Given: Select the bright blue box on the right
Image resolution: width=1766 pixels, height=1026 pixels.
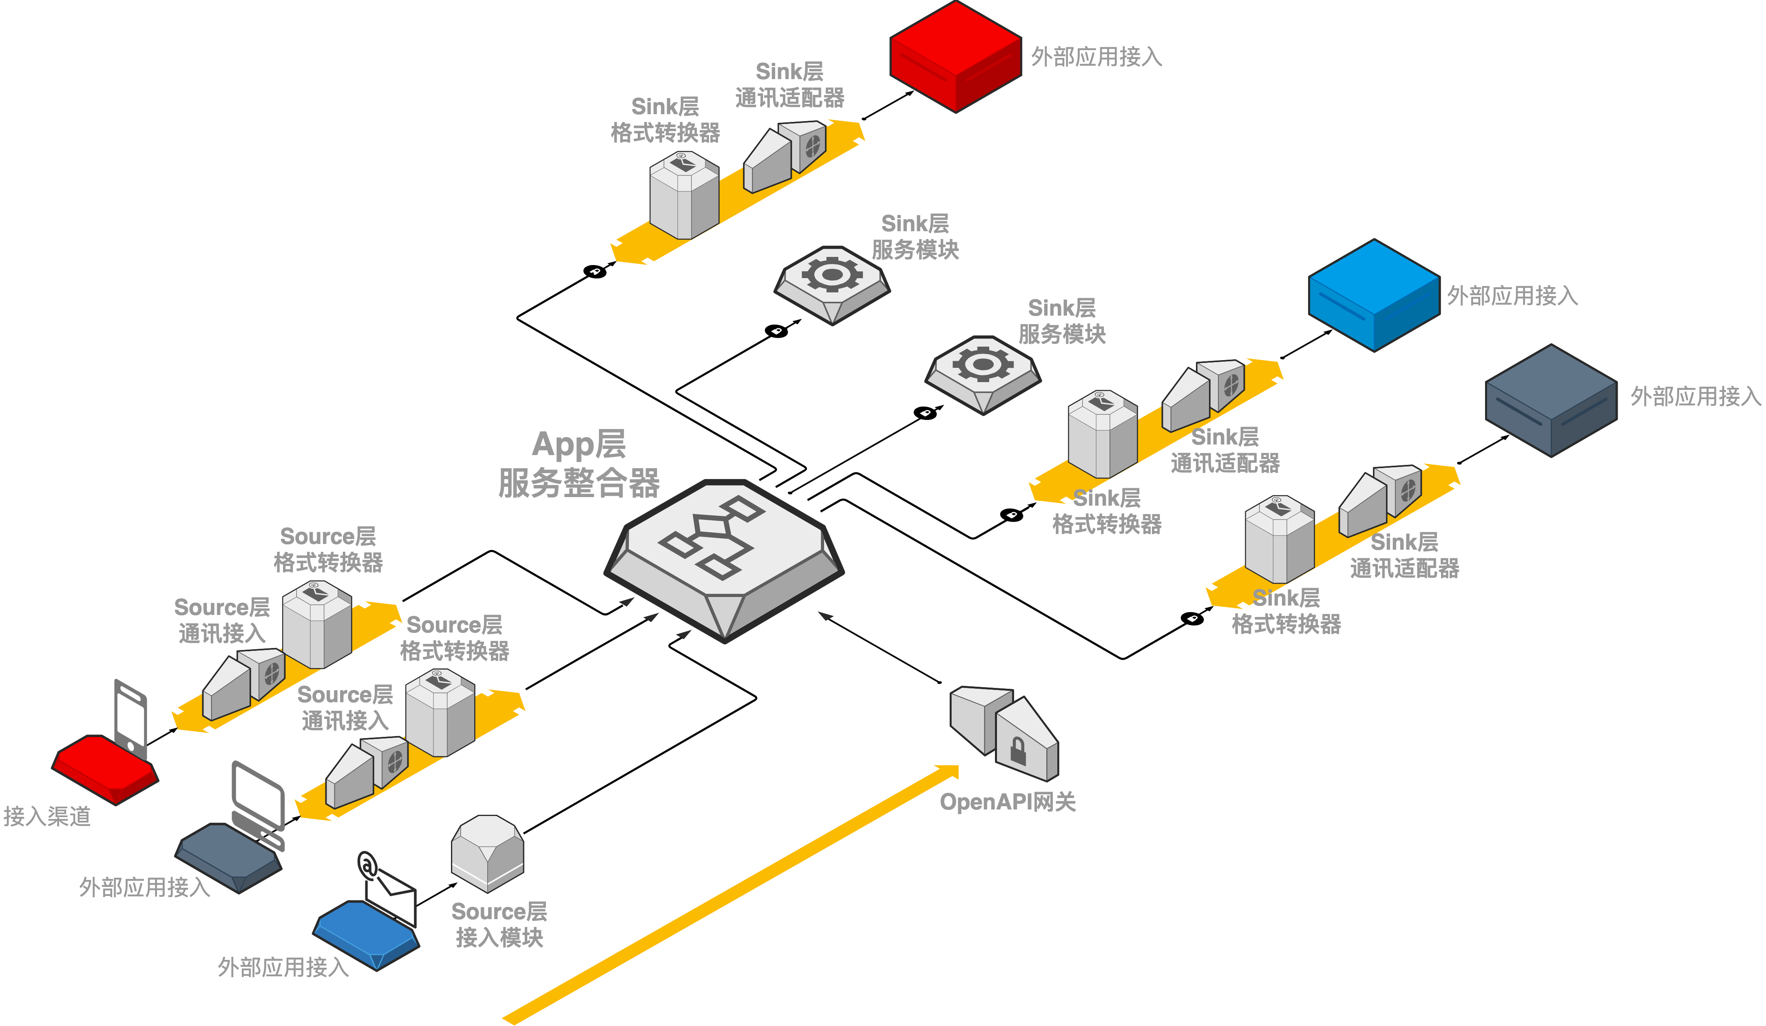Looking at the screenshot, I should (1374, 294).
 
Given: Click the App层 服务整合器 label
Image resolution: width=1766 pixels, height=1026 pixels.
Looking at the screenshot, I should (579, 464).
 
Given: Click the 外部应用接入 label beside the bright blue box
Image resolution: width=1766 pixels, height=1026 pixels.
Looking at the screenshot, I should (1512, 296).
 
